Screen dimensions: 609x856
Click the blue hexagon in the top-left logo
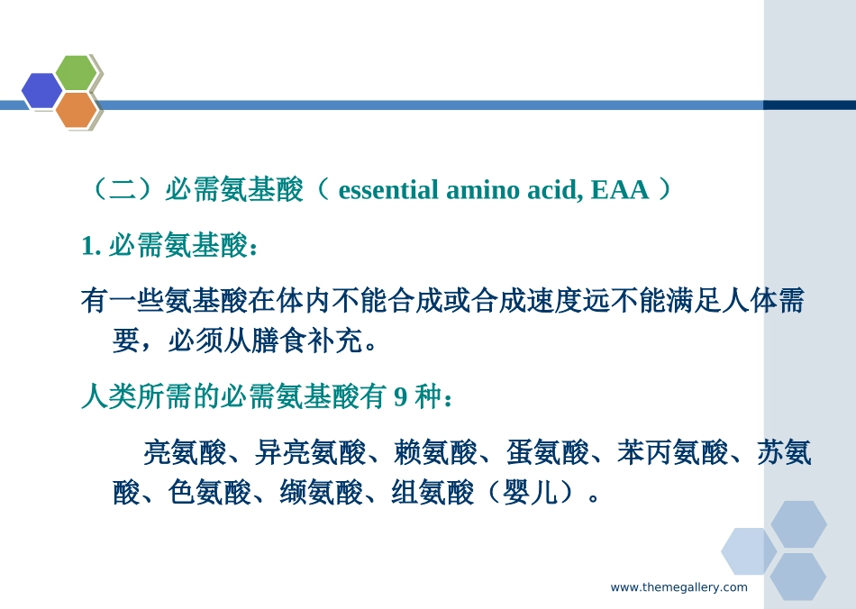pos(41,91)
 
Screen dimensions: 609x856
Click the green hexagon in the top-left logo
pos(76,73)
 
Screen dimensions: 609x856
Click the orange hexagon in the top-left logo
pos(76,110)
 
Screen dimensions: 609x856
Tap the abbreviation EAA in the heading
pos(620,190)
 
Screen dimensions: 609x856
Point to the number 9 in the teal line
pos(401,396)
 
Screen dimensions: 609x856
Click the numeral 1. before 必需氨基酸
pos(91,246)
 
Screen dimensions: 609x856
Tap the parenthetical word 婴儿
pos(531,493)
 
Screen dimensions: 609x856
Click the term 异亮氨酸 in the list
pos(310,452)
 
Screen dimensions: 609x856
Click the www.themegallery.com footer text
pos(678,587)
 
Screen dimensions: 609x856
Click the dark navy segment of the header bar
pos(808,105)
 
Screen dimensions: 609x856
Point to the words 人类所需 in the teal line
pos(136,396)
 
